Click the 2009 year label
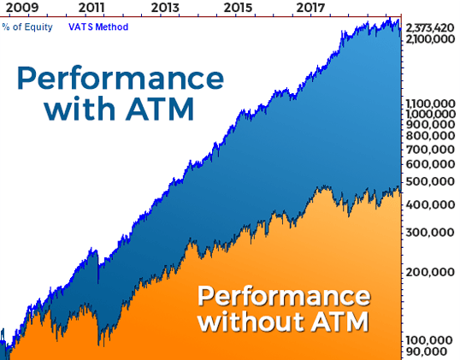point(22,8)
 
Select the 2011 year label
point(91,8)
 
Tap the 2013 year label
point(165,8)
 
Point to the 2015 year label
point(238,8)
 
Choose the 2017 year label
point(310,8)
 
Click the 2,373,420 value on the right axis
point(430,28)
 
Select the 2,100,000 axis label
point(430,38)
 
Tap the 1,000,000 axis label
point(430,114)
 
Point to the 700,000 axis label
point(430,150)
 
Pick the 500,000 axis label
point(430,182)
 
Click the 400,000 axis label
point(430,204)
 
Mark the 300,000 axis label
point(430,233)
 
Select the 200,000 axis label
point(430,273)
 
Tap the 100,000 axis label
point(430,340)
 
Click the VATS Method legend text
point(98,27)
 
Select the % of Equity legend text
point(27,27)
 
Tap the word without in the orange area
point(251,322)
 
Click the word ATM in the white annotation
point(339,322)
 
